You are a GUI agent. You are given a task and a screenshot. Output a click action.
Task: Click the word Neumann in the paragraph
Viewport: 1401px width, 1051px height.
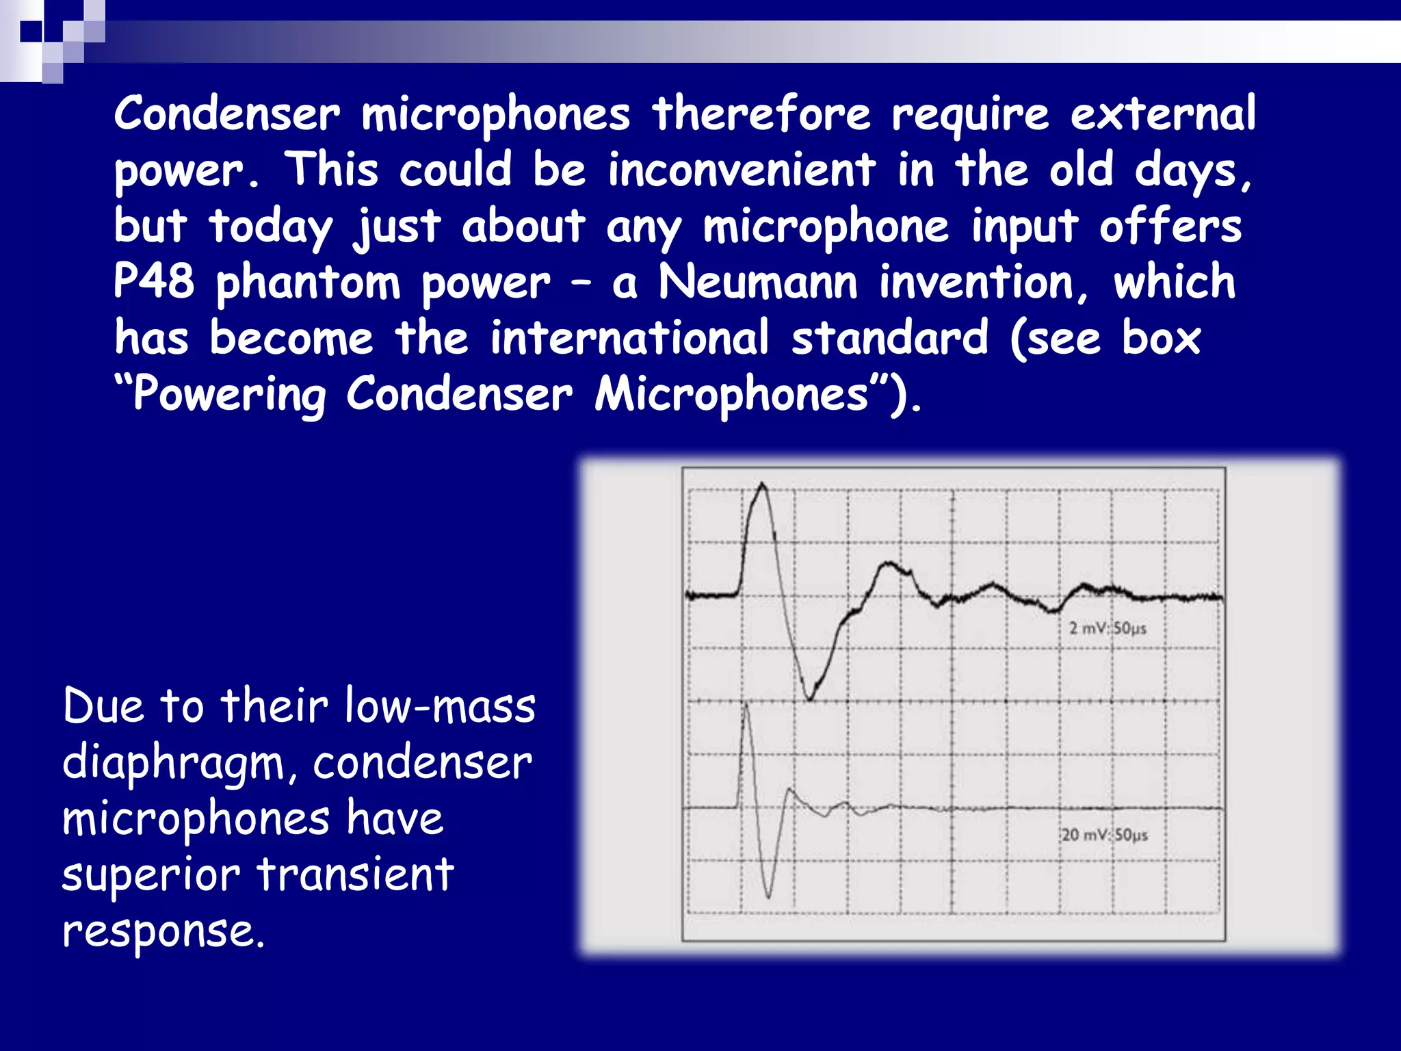point(757,282)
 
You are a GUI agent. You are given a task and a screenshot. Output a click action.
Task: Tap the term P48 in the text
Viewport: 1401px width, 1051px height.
point(154,282)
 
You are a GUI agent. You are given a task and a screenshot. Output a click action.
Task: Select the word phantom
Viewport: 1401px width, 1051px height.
point(308,283)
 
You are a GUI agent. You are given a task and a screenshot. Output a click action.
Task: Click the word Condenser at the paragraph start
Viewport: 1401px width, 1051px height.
point(226,114)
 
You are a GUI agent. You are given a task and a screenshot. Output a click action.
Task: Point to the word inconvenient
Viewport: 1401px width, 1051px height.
point(742,170)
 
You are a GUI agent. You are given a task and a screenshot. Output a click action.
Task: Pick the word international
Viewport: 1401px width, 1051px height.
point(629,338)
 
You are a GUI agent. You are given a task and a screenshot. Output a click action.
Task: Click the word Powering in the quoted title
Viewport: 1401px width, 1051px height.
point(229,395)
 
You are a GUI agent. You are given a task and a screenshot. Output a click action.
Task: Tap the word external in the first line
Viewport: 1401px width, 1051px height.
point(1163,114)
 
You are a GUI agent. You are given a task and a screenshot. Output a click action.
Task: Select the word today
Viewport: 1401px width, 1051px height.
point(271,227)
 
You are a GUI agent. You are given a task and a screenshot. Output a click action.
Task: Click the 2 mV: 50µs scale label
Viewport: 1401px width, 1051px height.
point(1108,628)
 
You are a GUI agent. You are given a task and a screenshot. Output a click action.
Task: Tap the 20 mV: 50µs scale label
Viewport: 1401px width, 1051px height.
point(1105,835)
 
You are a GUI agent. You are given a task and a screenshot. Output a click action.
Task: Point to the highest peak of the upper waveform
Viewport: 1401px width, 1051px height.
point(762,485)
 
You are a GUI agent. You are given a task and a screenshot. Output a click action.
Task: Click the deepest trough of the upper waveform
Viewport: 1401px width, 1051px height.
point(810,699)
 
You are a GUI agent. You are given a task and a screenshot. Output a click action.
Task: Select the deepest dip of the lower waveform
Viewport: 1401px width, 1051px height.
point(769,896)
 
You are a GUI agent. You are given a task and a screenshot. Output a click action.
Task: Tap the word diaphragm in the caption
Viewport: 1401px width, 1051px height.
point(173,764)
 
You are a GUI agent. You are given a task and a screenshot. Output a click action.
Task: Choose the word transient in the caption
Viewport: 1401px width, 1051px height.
point(355,874)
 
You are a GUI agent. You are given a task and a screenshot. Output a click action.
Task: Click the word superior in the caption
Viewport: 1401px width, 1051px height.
point(150,876)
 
